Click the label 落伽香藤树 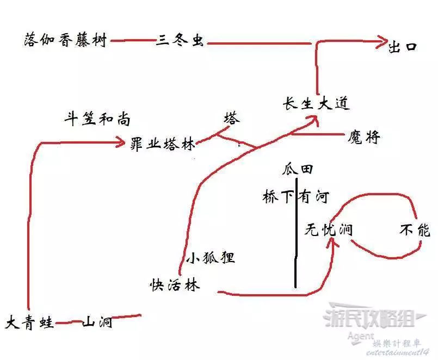point(65,40)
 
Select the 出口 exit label point(403,47)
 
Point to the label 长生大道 point(316,103)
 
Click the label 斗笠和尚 point(97,120)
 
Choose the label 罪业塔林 point(163,144)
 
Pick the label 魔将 point(363,138)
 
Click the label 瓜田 point(297,169)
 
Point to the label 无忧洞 point(328,230)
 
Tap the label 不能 point(415,231)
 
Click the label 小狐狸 point(211,257)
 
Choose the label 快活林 point(175,285)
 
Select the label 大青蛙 point(30,322)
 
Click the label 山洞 point(97,322)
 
